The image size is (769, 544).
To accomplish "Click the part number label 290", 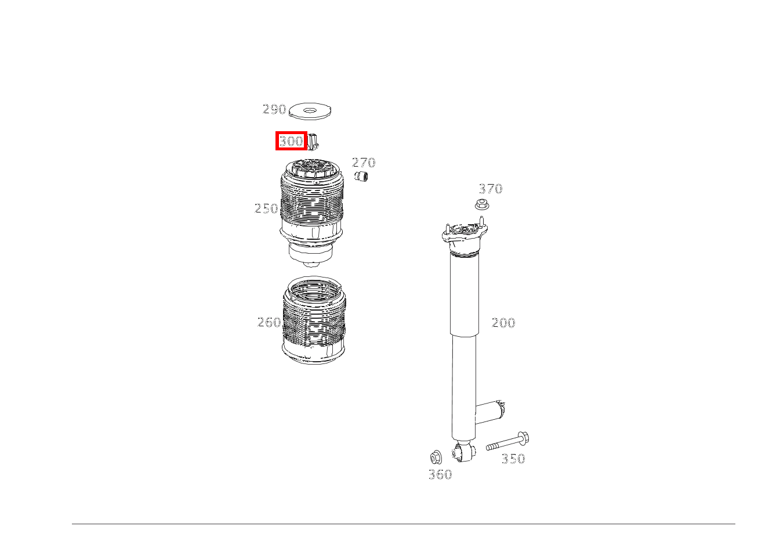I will [x=274, y=109].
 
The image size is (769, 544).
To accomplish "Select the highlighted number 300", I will [x=291, y=141].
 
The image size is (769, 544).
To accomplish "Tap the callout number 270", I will [x=364, y=163].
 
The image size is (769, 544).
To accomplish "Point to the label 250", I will [x=266, y=208].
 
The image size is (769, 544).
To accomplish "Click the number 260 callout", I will [x=269, y=322].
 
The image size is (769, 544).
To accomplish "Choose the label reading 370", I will [x=490, y=189].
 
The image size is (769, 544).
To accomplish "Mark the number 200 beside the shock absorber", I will [x=503, y=323].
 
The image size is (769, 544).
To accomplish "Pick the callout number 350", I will [x=513, y=459].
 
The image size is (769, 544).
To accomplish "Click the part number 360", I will [x=440, y=475].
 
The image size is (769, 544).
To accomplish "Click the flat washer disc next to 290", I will [x=311, y=110].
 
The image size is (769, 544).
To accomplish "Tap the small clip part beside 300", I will [x=313, y=141].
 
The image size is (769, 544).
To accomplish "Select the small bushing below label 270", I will [x=362, y=176].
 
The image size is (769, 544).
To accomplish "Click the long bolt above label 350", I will [x=508, y=442].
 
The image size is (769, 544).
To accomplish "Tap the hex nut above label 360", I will [x=436, y=457].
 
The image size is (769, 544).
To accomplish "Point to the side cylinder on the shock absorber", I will [x=492, y=411].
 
